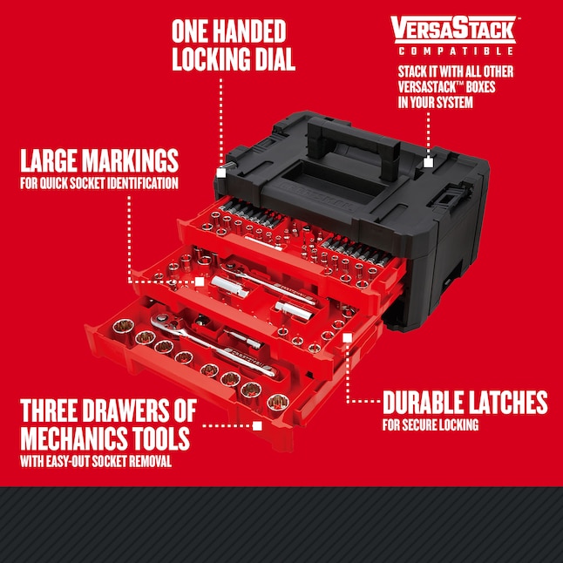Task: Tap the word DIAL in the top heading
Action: (x=266, y=60)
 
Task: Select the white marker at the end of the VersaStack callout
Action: (x=428, y=161)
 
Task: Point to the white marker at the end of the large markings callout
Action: (x=200, y=282)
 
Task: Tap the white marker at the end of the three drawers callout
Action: (x=257, y=426)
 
